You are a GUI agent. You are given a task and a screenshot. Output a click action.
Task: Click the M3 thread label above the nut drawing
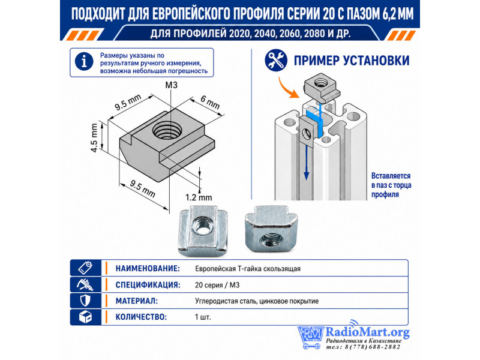pos(171,85)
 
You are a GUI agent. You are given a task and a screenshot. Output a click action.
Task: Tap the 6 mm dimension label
pos(210,102)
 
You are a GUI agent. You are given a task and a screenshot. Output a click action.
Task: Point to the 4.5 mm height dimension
pos(94,137)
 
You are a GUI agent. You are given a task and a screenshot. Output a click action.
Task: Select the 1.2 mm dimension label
pos(199,197)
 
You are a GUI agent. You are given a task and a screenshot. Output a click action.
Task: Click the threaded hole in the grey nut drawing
pos(167,131)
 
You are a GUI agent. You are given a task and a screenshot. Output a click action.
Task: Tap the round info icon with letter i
pos(83,62)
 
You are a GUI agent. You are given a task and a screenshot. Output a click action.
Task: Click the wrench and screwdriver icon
pos(276,61)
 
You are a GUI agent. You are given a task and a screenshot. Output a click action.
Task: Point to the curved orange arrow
pos(288,88)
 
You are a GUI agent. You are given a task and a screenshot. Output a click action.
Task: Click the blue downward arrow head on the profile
pos(306,175)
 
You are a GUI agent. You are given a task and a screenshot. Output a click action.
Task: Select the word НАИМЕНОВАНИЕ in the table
pos(148,268)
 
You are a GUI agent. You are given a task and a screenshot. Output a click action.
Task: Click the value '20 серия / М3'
pos(217,285)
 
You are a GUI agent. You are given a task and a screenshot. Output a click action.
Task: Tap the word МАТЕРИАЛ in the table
pos(137,301)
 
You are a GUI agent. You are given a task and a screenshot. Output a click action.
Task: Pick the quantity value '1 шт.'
pos(203,317)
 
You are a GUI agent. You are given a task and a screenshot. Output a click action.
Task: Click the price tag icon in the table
pos(85,268)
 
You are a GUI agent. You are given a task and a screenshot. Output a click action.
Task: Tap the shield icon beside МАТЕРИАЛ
pos(85,301)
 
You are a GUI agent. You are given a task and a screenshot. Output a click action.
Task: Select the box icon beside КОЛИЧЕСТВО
pos(85,317)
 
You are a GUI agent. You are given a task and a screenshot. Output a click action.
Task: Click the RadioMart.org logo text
pos(367,332)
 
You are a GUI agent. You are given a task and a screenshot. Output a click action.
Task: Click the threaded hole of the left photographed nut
pos(200,226)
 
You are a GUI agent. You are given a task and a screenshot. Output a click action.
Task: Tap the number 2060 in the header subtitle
pos(290,34)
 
